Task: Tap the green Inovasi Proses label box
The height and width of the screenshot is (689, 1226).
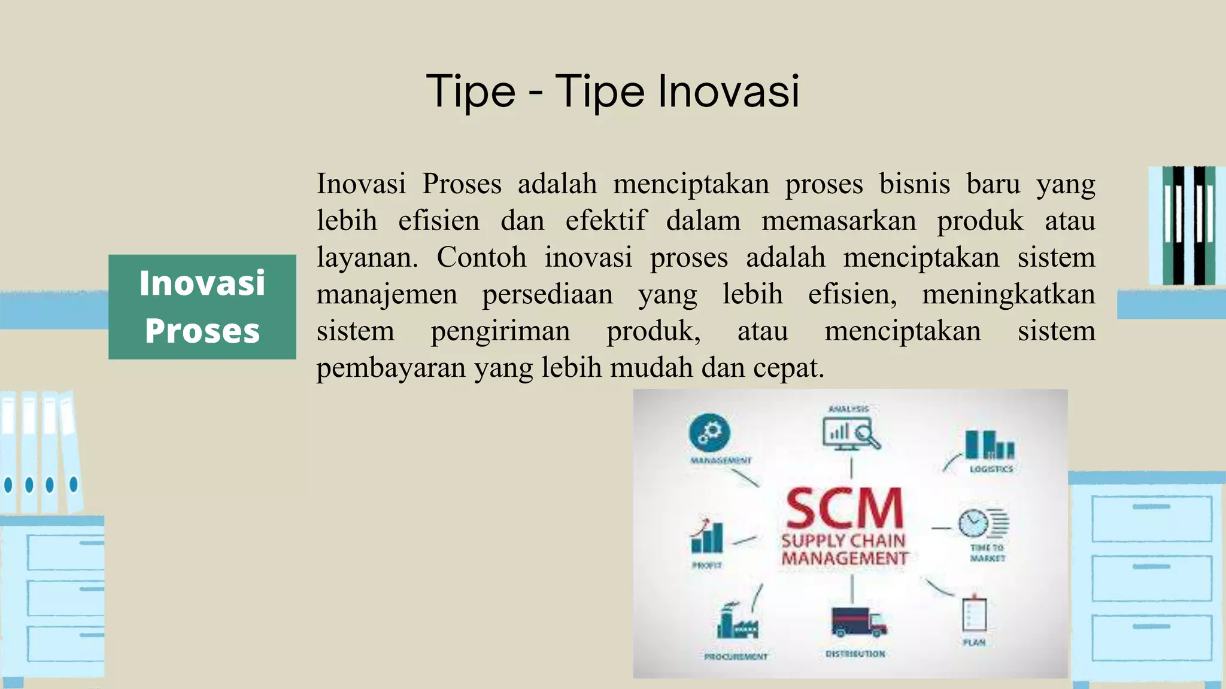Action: point(202,307)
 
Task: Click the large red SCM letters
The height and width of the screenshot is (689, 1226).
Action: point(844,508)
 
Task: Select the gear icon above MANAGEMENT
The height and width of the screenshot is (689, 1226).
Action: point(709,432)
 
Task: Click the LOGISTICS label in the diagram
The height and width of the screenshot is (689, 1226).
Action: point(991,469)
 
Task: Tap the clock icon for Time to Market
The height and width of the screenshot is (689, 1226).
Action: point(974,523)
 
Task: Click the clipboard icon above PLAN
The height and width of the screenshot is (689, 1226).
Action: point(974,614)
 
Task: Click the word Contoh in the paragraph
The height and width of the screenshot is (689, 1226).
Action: point(481,258)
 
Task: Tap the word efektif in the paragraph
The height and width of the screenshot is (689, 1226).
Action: point(606,221)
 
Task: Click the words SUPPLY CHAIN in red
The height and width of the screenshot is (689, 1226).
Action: point(843,541)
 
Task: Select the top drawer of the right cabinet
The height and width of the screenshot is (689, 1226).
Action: point(1151,518)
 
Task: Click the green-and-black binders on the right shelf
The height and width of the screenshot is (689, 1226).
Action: point(1188,225)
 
